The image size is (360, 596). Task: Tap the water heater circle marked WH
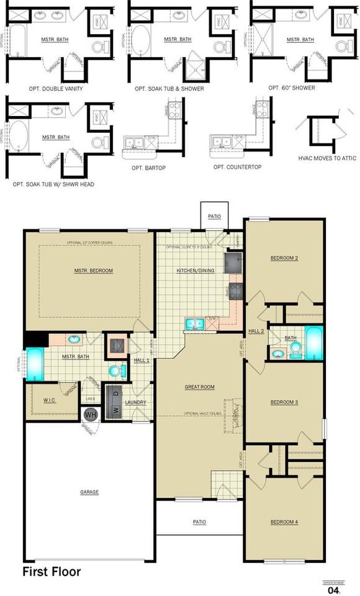[x=91, y=414]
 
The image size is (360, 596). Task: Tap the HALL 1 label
[x=142, y=360]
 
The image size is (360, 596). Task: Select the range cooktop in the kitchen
[x=235, y=289]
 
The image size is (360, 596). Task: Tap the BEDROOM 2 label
[x=284, y=258]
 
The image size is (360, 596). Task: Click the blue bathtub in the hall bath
[x=313, y=344]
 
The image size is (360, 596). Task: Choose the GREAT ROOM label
[x=199, y=387]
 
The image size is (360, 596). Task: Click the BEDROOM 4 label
[x=284, y=521]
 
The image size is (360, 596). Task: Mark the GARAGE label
[x=89, y=492]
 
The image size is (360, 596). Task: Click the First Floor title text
[x=52, y=572]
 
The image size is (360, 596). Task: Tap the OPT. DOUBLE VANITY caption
[x=56, y=89]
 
